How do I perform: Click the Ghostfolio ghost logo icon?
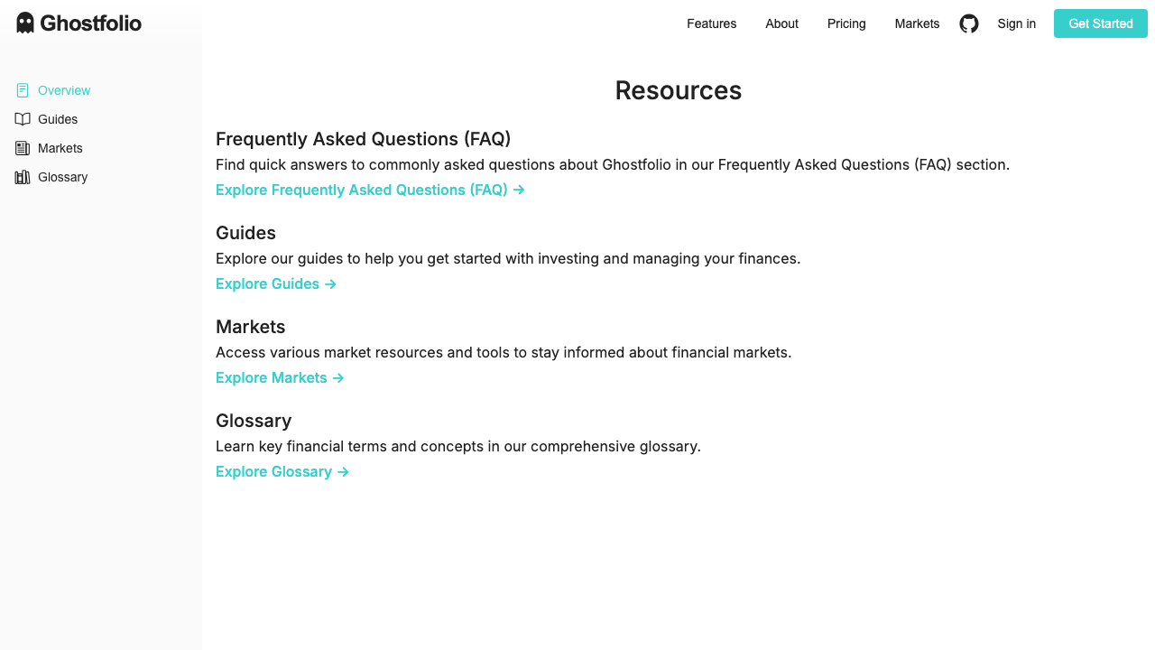(x=25, y=23)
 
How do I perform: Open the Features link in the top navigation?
(x=711, y=23)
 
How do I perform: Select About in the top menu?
(x=781, y=23)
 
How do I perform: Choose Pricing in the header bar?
(x=846, y=23)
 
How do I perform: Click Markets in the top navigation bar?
(x=917, y=23)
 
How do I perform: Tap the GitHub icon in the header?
(x=969, y=23)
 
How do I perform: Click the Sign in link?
(x=1016, y=23)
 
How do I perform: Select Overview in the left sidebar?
(x=64, y=90)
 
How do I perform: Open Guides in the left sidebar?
(x=58, y=119)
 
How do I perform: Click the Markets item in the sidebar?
(x=60, y=148)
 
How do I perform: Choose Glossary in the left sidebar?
(x=62, y=177)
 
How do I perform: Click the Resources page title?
(x=679, y=90)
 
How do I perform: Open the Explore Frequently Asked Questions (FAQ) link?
(x=370, y=190)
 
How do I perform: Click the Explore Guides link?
(x=276, y=283)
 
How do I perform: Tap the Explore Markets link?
(x=280, y=377)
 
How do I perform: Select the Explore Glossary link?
(x=282, y=471)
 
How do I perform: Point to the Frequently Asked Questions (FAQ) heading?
(x=364, y=139)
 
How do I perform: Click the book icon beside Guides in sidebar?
(x=23, y=119)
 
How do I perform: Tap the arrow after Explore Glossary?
(x=343, y=471)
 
